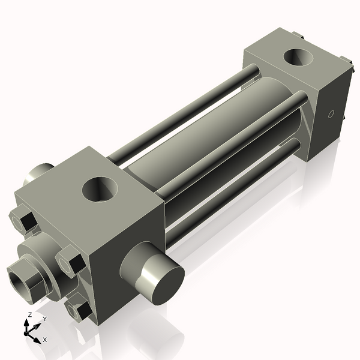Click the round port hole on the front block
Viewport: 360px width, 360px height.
pyautogui.click(x=100, y=189)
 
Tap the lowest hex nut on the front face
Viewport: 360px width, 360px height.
pyautogui.click(x=80, y=310)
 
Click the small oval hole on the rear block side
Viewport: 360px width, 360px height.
pyautogui.click(x=330, y=114)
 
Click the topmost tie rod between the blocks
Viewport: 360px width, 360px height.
pyautogui.click(x=186, y=114)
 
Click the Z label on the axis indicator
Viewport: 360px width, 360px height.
pyautogui.click(x=30, y=315)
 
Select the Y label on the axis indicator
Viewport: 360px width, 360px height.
pyautogui.click(x=44, y=319)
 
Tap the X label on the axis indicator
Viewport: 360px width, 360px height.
pyautogui.click(x=44, y=340)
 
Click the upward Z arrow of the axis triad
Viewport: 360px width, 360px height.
pyautogui.click(x=26, y=323)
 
